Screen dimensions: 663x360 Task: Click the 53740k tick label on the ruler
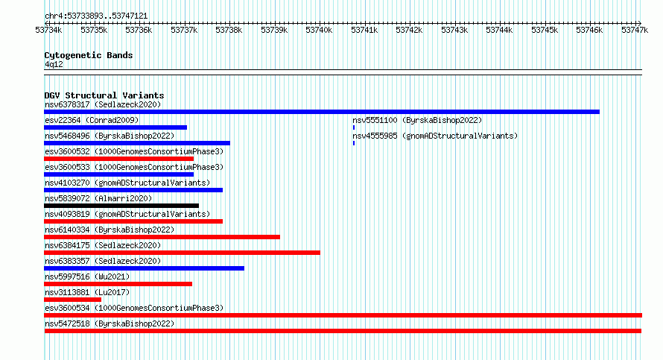coord(319,30)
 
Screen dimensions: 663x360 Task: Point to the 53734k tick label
coord(48,30)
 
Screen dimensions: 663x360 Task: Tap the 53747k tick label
coord(634,30)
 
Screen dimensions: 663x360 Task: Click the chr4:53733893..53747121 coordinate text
coord(96,16)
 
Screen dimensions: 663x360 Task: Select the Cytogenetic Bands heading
coord(89,55)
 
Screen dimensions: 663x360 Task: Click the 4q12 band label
coord(54,64)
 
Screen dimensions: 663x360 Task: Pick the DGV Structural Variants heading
coord(104,95)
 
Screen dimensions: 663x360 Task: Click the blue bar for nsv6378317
coord(322,112)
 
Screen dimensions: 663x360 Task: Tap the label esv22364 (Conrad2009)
coord(92,120)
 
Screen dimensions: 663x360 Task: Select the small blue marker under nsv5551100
coord(354,127)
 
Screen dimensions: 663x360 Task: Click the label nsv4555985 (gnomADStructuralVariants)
coord(435,136)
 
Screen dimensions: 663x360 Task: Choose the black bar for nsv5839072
coord(121,206)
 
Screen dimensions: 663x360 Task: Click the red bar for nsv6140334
coord(162,237)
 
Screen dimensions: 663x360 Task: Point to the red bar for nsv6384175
coord(182,253)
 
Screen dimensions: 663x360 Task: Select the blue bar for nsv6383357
coord(145,268)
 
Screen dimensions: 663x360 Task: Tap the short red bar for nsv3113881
coord(73,300)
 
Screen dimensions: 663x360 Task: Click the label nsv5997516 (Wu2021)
coord(87,277)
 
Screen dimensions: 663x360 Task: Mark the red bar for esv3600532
coord(118,159)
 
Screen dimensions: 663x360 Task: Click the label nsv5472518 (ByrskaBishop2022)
coord(110,323)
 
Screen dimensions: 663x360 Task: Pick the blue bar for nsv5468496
coord(137,143)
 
